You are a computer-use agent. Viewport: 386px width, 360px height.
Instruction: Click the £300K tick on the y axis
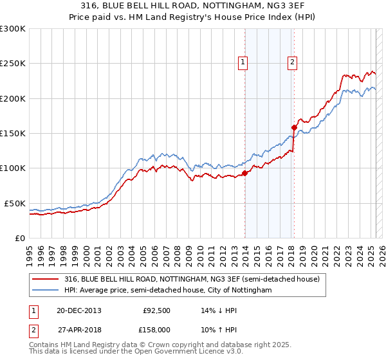point(12,29)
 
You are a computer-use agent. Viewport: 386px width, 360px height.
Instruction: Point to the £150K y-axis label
point(12,133)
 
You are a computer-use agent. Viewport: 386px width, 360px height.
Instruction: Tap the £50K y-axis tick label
point(15,203)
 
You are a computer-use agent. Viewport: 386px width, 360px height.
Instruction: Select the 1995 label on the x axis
point(30,250)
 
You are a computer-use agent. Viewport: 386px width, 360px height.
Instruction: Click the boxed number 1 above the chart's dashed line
point(243,62)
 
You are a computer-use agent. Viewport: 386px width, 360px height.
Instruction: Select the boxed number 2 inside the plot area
point(292,62)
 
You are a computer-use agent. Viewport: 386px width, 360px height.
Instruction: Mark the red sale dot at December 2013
point(245,173)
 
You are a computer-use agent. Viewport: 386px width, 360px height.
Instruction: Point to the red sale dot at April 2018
point(294,127)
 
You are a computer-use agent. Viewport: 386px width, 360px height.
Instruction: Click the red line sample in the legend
point(46,279)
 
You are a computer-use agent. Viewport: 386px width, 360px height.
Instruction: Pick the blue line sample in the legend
point(46,291)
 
